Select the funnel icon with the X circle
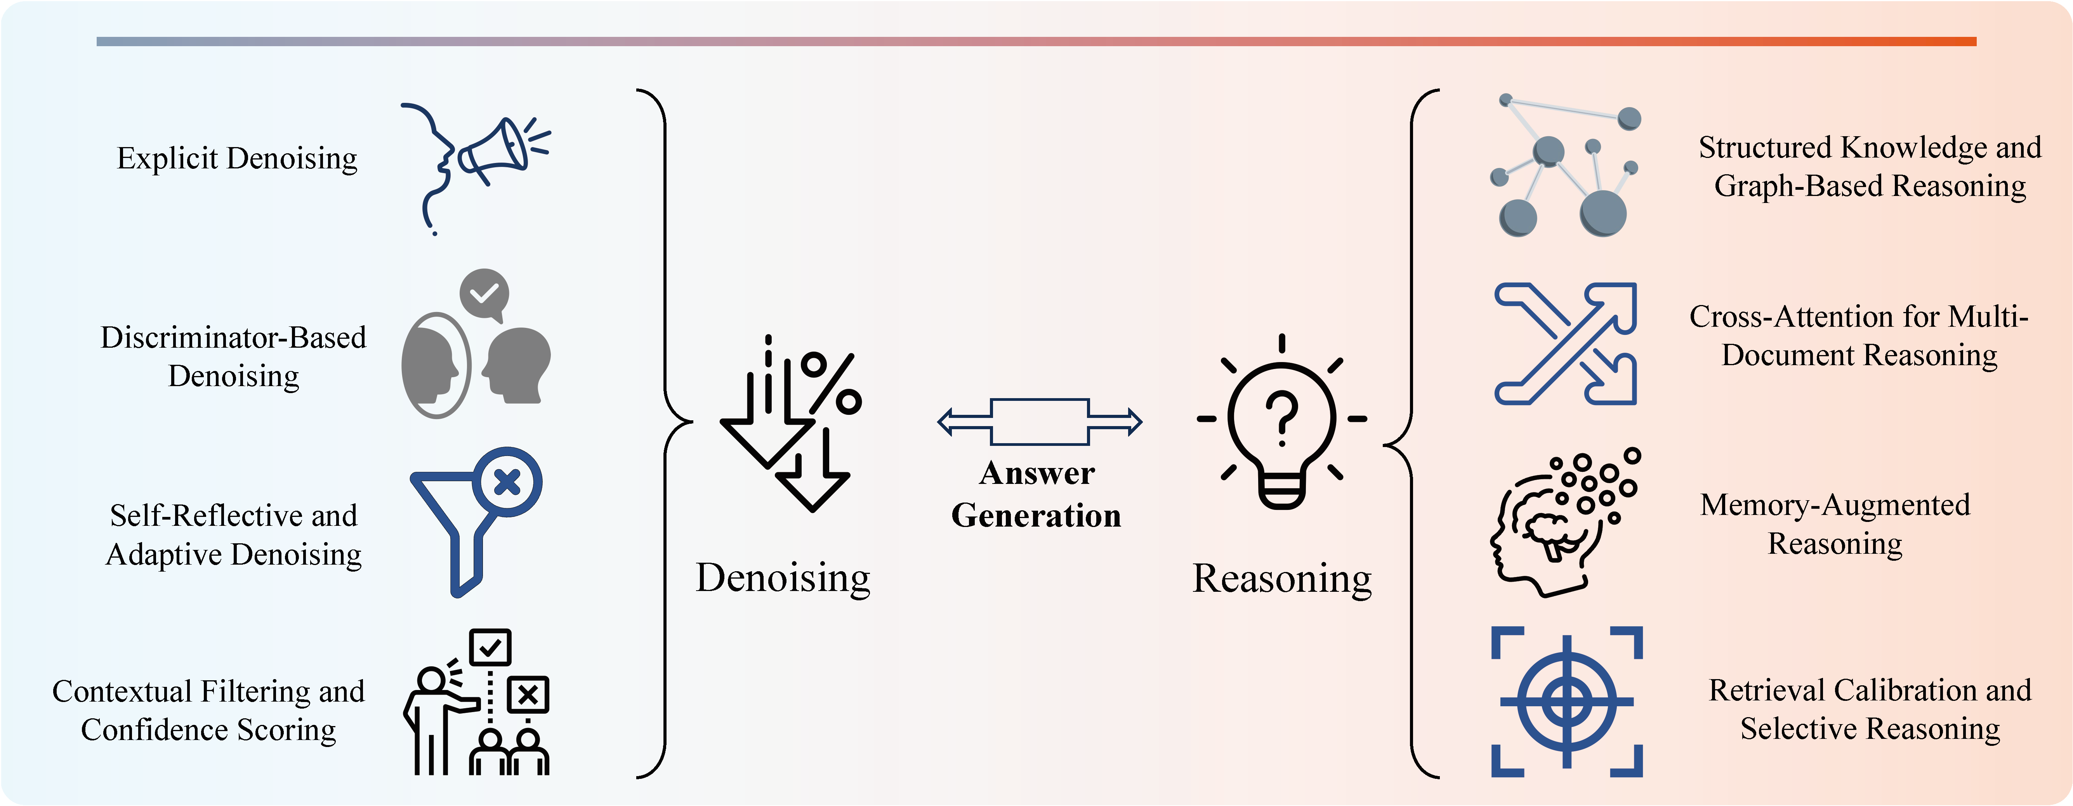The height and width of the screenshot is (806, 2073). click(x=476, y=521)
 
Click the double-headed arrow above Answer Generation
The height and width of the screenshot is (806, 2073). click(x=1040, y=421)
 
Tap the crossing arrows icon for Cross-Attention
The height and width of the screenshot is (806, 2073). click(x=1565, y=343)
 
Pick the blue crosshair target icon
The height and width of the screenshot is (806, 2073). click(x=1566, y=702)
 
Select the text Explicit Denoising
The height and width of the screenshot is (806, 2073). click(x=238, y=158)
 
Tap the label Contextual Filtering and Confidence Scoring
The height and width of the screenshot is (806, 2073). click(x=208, y=710)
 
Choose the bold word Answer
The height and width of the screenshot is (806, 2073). click(x=1037, y=473)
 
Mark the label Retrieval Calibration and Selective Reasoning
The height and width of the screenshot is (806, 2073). click(x=1870, y=709)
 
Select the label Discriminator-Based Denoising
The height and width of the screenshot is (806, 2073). click(x=233, y=356)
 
